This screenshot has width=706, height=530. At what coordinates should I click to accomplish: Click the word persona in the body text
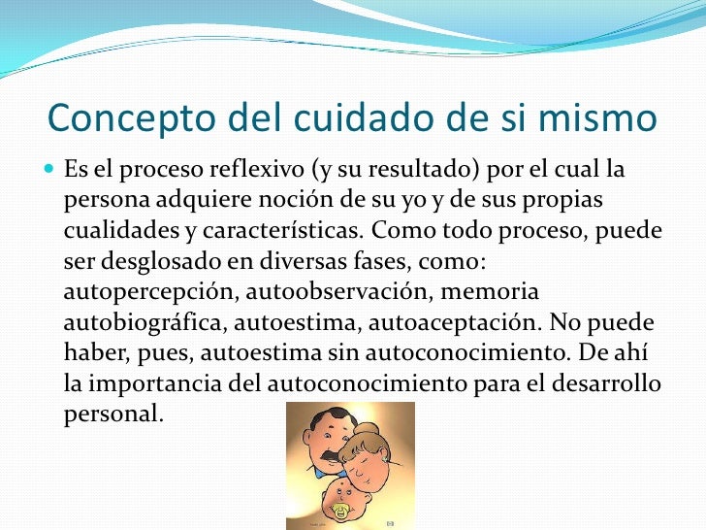point(102,200)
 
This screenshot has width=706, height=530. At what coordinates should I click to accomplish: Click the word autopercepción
point(149,292)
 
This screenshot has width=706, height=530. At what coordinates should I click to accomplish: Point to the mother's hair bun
point(370,430)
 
